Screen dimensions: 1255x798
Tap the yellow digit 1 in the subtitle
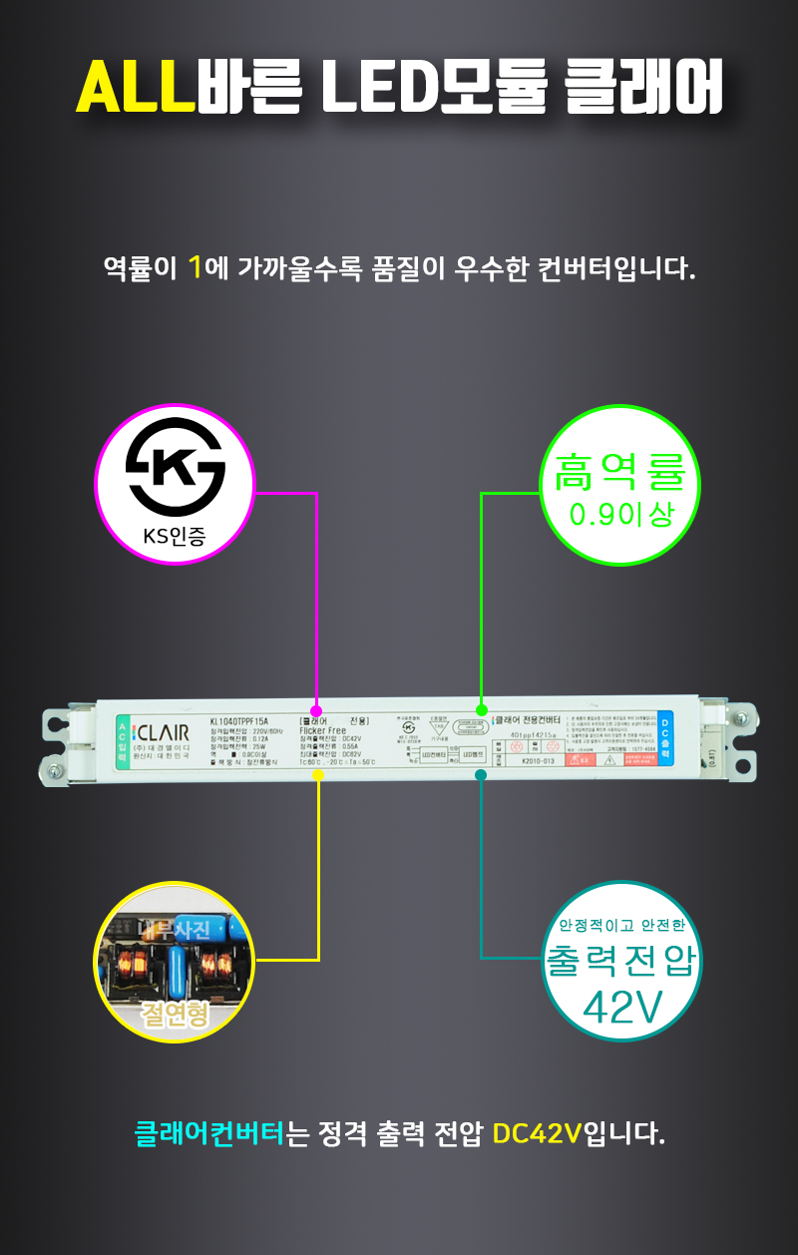tap(196, 267)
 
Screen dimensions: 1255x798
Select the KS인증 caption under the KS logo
tap(175, 536)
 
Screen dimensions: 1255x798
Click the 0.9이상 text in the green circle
tap(620, 515)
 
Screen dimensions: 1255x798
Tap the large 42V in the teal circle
tap(622, 1009)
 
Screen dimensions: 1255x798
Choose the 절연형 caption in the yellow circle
tap(175, 1015)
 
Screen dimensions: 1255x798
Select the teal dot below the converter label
tap(481, 774)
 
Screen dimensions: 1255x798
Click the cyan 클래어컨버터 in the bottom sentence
tap(209, 1134)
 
